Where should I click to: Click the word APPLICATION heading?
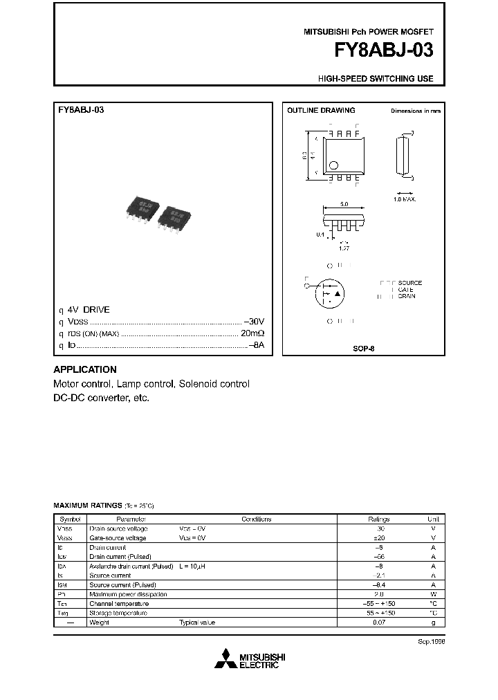pos(85,369)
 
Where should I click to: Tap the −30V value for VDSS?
pos(254,322)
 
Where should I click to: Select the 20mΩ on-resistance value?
pos(252,333)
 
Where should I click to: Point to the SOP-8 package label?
pos(363,350)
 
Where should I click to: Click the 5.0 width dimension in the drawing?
pos(344,205)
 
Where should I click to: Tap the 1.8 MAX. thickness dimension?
pos(405,199)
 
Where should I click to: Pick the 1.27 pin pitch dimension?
pos(344,246)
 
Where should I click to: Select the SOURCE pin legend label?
pos(409,283)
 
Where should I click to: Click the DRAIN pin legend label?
pos(407,296)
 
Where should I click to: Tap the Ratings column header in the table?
pos(378,519)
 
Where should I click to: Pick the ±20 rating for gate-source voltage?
pos(378,537)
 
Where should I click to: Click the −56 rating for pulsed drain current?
pos(378,556)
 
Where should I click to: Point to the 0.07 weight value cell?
pos(378,622)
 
